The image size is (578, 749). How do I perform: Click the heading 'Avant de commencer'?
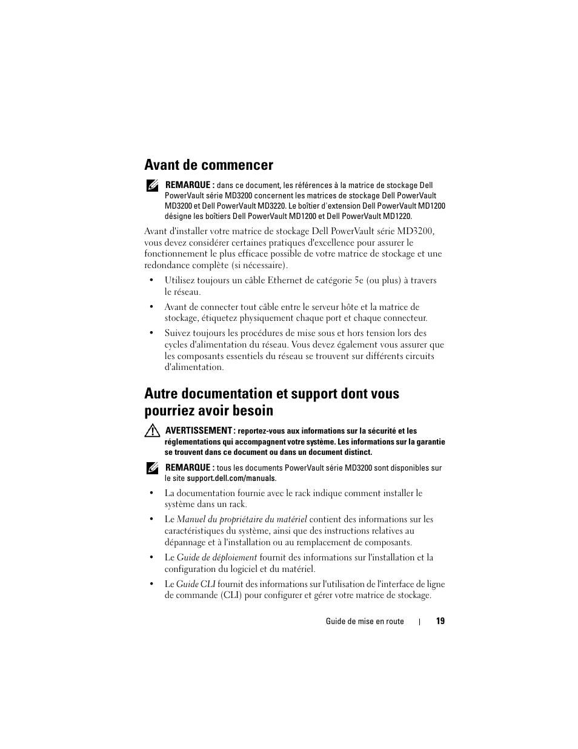tap(208, 165)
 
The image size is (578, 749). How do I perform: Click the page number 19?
tap(440, 621)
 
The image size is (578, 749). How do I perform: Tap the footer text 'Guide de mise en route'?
tap(364, 622)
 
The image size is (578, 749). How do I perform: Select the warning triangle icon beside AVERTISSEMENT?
tap(151, 431)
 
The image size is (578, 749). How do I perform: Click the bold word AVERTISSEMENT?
tap(199, 431)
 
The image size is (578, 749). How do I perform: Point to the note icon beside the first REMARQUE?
tap(151, 186)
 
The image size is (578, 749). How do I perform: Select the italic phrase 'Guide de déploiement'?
tap(216, 557)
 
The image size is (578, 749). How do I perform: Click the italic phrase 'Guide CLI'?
tap(195, 584)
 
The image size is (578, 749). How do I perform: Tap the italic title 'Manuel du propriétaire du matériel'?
tap(241, 519)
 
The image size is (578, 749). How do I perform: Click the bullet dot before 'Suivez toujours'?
tap(151, 334)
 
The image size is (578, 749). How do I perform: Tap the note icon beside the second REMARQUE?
tap(151, 468)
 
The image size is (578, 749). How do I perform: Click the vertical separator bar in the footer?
tap(420, 622)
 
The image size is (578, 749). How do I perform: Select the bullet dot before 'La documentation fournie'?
tap(151, 494)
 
